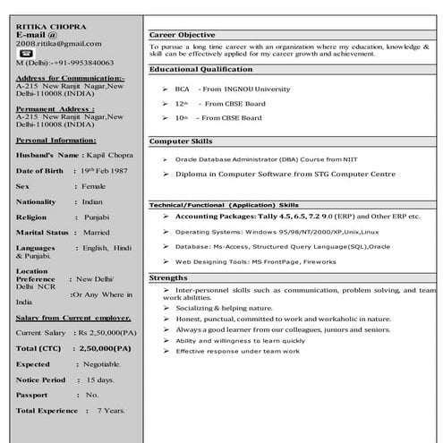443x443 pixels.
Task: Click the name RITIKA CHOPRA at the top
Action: pos(45,25)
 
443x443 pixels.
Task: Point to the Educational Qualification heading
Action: pos(200,69)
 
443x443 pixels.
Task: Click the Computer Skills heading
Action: pos(180,141)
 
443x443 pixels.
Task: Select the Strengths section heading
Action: pos(168,277)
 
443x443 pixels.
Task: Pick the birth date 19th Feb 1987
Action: pos(105,170)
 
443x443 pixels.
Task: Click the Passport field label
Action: pos(33,394)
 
